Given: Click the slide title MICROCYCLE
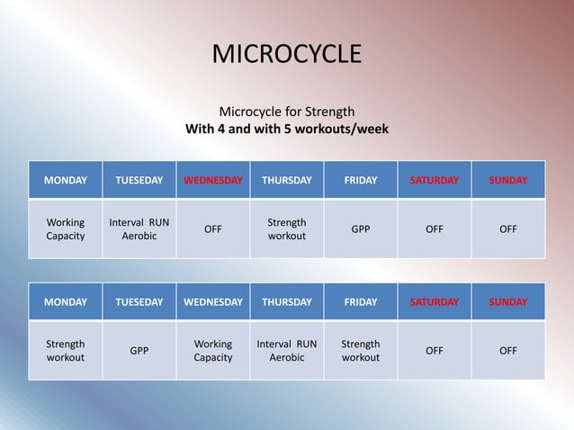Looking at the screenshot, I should click(x=286, y=54).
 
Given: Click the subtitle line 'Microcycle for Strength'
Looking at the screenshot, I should click(x=287, y=112).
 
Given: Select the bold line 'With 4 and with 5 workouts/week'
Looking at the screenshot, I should click(x=287, y=129).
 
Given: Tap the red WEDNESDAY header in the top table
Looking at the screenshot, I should click(x=213, y=180).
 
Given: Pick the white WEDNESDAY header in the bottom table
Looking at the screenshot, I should click(x=213, y=302).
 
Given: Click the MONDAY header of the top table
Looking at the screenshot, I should click(x=66, y=180).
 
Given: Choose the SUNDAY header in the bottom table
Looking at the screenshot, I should click(x=508, y=302).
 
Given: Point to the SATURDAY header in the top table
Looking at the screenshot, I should click(x=435, y=180).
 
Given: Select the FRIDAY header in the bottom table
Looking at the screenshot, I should click(x=361, y=302).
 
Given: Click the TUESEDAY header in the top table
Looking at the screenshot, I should click(x=139, y=180).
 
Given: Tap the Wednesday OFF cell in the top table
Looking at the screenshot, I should click(x=213, y=228).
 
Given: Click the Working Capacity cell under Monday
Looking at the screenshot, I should click(x=66, y=228).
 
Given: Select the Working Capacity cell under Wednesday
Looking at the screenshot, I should click(x=213, y=351).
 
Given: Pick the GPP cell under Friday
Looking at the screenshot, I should click(x=361, y=228).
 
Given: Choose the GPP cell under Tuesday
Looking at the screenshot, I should click(x=139, y=351).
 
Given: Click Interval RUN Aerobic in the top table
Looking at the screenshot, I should click(x=139, y=228).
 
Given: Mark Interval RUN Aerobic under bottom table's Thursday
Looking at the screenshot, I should click(x=287, y=351).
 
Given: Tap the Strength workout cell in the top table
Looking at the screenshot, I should click(x=287, y=228).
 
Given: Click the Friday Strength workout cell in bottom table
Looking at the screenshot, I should click(x=361, y=351).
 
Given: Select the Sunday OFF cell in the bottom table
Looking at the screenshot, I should click(x=508, y=351).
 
